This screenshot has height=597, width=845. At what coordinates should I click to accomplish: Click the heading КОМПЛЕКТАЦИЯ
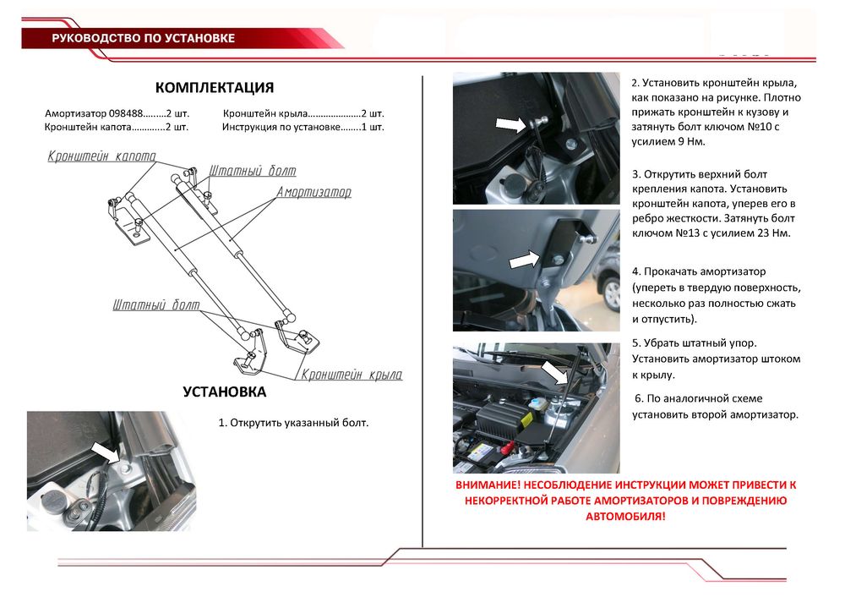click(214, 88)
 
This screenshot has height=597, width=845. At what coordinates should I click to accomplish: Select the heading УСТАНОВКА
click(224, 392)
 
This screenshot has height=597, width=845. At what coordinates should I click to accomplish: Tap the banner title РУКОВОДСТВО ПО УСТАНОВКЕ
click(143, 38)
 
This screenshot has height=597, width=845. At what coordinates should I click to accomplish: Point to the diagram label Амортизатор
click(313, 193)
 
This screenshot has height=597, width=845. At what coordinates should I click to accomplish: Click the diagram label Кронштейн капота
click(101, 156)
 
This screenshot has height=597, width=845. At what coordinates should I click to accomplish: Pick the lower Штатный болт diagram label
click(157, 304)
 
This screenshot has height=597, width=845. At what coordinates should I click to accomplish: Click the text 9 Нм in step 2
click(682, 141)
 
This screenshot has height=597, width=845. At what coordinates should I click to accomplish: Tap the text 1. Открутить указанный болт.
click(294, 422)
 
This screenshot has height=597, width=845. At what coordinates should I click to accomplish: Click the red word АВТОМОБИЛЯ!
click(625, 515)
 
